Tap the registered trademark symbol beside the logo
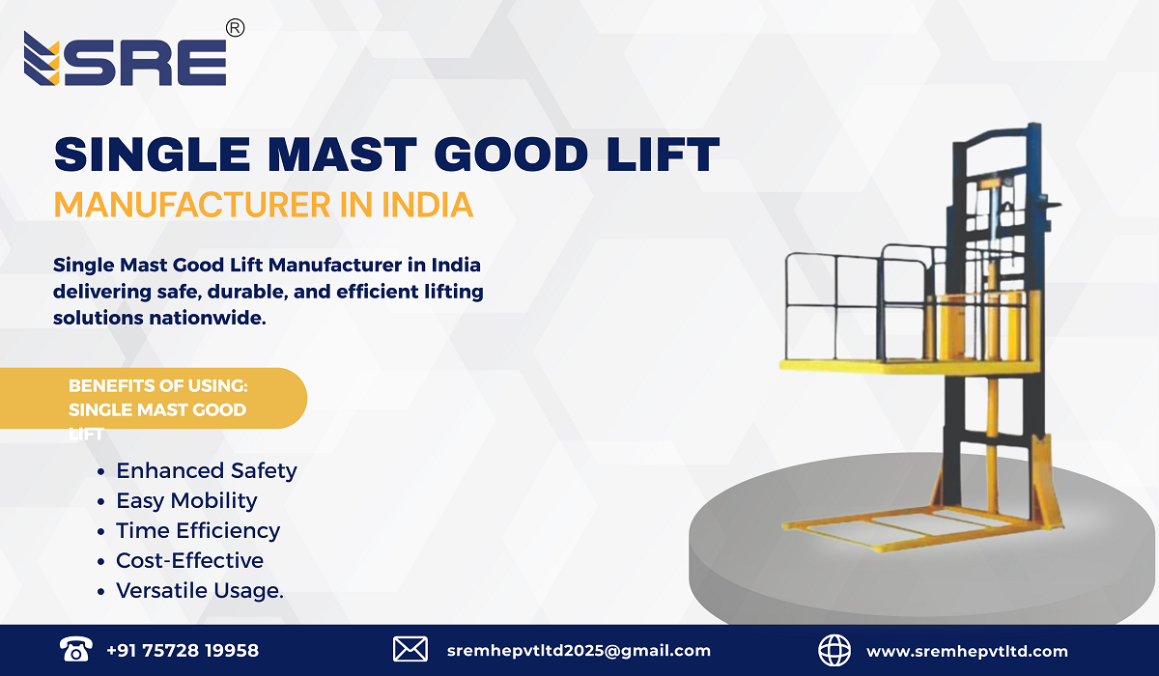[x=235, y=29]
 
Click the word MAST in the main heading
[x=314, y=155]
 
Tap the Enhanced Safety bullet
[x=206, y=471]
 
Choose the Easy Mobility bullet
[x=186, y=501]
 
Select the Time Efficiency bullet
[x=198, y=531]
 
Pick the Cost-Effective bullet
[x=189, y=561]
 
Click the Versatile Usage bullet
[x=200, y=591]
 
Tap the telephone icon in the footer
[x=74, y=649]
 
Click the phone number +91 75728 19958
[x=183, y=650]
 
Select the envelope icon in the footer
[x=410, y=649]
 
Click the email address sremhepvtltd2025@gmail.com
[x=579, y=650]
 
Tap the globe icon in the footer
[x=834, y=649]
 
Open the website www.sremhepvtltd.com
[x=967, y=650]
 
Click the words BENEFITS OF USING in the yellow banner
[x=158, y=386]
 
